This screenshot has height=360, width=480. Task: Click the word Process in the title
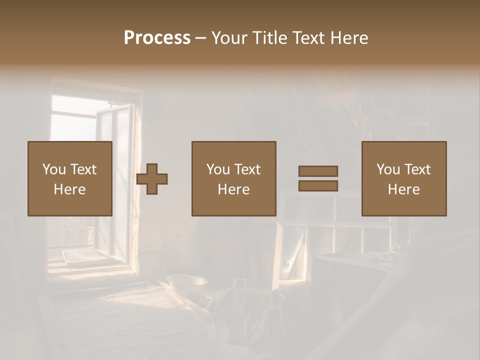pos(157,38)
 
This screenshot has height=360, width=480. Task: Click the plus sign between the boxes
pos(152,179)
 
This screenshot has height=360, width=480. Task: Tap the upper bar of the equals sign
pos(318,171)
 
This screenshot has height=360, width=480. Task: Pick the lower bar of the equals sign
pos(318,185)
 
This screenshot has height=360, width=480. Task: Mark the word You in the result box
pos(388,169)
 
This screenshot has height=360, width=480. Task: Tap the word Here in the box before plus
pos(70,189)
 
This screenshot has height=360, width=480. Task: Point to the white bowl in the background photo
pos(187,284)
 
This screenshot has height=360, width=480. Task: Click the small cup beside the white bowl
pos(240,282)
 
